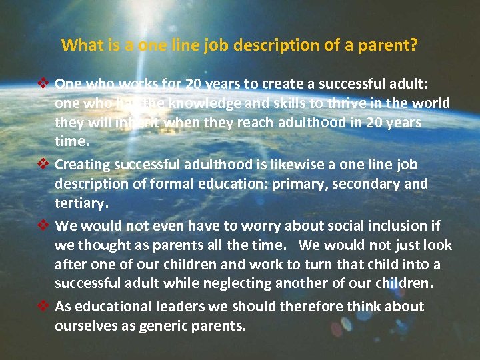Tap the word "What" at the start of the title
tap(79, 45)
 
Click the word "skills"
tap(292, 103)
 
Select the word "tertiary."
tap(81, 203)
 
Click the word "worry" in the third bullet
tap(247, 225)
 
